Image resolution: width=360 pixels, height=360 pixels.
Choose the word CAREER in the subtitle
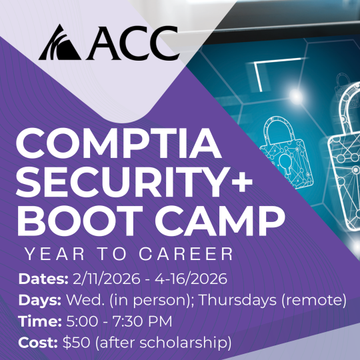point(191,253)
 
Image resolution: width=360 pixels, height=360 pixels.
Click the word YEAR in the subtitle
point(53,253)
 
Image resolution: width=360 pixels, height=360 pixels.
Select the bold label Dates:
point(39,279)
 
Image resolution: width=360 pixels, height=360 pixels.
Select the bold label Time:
point(38,321)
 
